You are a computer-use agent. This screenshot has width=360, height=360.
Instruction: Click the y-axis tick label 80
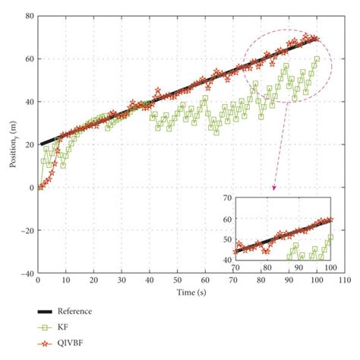(29, 15)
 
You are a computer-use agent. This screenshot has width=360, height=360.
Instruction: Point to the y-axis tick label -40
(27, 273)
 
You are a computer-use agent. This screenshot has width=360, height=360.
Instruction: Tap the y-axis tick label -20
(27, 230)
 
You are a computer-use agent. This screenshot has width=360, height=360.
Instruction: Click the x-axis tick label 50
(177, 281)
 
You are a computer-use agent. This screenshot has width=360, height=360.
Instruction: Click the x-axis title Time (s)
(190, 292)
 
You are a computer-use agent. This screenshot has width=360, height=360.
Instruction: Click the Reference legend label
(77, 311)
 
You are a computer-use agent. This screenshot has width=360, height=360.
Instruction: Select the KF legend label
(65, 327)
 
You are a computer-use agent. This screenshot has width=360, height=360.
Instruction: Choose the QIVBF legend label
(73, 344)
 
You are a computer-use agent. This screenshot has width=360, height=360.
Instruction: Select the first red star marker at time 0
(39, 187)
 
